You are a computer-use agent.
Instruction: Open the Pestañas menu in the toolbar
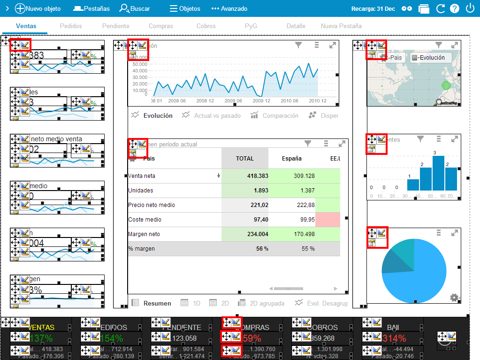coord(91,8)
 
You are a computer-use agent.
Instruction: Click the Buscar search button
coord(135,8)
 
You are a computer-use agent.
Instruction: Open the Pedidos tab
coord(71,26)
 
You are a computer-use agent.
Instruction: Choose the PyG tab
coord(251,26)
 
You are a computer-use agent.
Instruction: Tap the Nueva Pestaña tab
coord(341,26)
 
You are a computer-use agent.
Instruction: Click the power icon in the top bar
coord(470,8)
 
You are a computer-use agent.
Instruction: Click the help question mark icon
coord(454,8)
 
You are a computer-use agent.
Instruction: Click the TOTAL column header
coord(244,159)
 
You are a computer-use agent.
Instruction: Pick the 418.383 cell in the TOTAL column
coord(244,176)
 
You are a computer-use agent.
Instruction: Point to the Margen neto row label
coord(144,234)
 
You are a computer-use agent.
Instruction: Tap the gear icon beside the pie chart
coord(454,297)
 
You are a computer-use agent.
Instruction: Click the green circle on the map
coord(446,86)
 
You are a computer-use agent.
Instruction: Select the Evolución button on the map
coord(431,58)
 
